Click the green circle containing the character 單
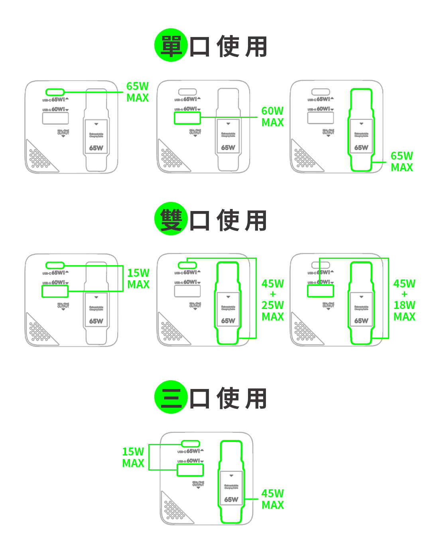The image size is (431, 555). click(171, 45)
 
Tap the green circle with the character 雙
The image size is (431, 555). click(171, 219)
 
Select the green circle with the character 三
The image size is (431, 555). click(171, 397)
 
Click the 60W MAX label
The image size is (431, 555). click(273, 117)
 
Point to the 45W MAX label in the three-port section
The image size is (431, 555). click(273, 499)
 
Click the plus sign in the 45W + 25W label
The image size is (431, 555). click(273, 294)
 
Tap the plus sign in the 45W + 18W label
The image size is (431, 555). click(405, 294)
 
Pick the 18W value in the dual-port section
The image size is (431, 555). click(404, 305)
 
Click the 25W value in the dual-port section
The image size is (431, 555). click(273, 305)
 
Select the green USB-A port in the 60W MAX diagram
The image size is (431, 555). click(187, 118)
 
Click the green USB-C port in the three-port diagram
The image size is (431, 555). click(191, 444)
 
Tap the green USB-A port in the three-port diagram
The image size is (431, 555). click(190, 470)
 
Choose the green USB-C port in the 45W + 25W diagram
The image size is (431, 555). click(187, 265)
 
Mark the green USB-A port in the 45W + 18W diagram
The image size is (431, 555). click(320, 291)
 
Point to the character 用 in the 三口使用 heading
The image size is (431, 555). click(256, 399)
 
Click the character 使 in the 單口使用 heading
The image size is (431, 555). click(228, 47)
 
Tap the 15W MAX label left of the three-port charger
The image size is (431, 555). click(133, 457)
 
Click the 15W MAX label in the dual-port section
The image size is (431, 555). click(138, 279)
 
